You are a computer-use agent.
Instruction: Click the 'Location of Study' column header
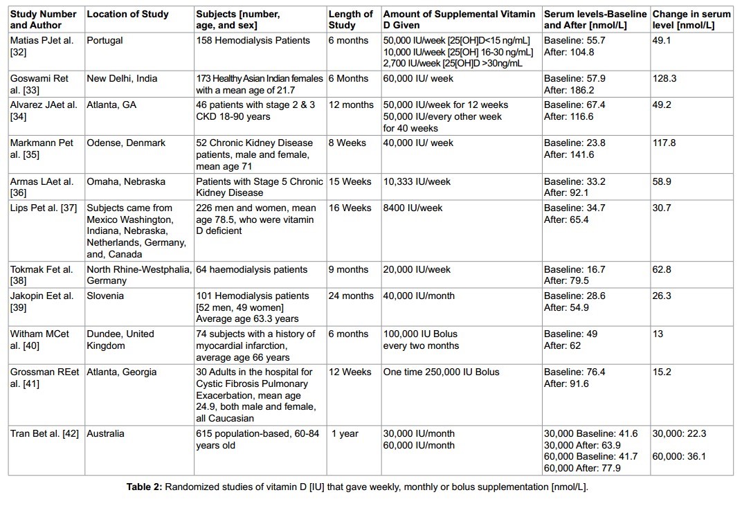(125, 14)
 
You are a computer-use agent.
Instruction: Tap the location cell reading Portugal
(105, 40)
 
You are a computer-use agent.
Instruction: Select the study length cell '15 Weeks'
(350, 181)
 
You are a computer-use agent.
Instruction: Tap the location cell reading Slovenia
(105, 296)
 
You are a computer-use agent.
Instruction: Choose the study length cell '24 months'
(351, 296)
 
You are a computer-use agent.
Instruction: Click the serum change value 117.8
(664, 143)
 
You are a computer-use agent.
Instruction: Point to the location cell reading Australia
(106, 433)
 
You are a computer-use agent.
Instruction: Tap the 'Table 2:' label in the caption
(143, 487)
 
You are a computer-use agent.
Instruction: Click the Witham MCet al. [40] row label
(39, 339)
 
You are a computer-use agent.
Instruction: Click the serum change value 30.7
(662, 207)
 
